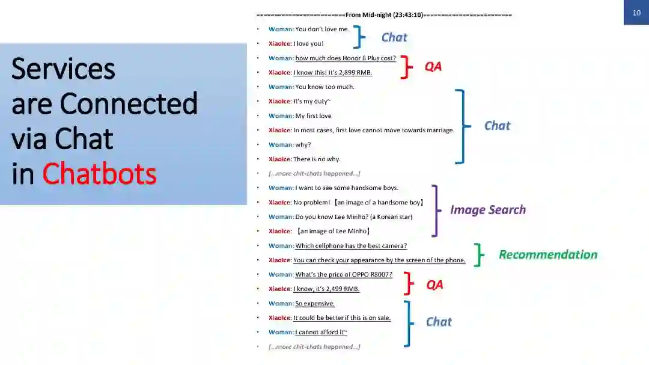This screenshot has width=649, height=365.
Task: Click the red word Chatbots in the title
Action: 99,174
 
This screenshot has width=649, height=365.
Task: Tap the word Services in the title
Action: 63,69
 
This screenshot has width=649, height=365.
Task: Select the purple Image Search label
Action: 488,210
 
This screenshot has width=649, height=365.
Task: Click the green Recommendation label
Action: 548,254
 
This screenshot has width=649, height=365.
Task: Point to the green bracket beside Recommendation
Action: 479,254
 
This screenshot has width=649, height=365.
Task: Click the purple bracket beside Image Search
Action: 436,210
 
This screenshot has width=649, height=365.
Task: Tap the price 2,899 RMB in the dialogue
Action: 350,73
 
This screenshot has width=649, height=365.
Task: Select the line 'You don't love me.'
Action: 322,29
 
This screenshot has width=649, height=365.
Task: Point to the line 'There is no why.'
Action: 317,159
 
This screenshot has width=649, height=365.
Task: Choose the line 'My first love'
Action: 313,116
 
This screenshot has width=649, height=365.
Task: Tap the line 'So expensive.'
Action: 315,304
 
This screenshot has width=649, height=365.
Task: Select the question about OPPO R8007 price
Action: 344,275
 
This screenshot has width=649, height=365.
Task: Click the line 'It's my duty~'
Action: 312,102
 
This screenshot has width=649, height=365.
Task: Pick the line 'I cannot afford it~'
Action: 321,333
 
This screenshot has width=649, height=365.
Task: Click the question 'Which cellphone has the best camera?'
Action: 351,246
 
